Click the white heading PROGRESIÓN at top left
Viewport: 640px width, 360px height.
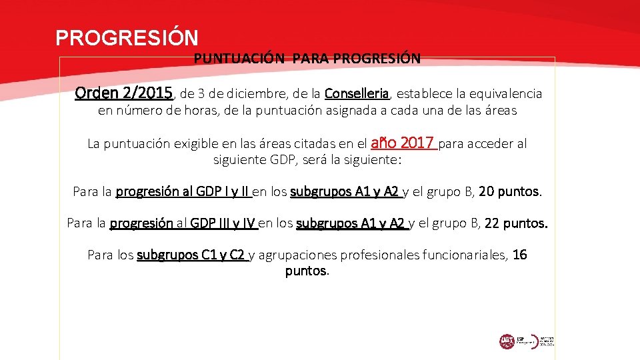127,37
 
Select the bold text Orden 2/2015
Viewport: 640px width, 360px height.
125,93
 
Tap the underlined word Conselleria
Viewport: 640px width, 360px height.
357,94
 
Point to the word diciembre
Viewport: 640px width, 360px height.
257,94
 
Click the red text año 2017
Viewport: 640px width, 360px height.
403,143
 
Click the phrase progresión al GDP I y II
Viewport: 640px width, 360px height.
183,192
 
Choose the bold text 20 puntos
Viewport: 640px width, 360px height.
510,192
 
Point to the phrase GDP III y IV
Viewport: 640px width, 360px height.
223,223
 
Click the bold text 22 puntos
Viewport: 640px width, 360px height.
516,223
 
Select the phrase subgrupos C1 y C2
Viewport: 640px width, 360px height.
192,255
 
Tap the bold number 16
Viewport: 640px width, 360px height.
520,255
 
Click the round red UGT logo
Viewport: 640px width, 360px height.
507,341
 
